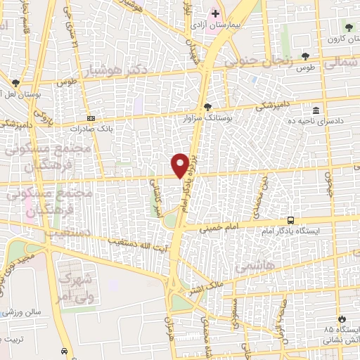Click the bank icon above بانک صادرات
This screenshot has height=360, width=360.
pyautogui.click(x=91, y=119)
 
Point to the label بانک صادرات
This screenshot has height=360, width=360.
pyautogui.click(x=91, y=129)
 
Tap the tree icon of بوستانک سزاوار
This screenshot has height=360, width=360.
pyautogui.click(x=207, y=106)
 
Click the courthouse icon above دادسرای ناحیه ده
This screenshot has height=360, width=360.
pyautogui.click(x=316, y=110)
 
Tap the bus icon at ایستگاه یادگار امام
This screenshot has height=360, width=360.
pyautogui.click(x=292, y=220)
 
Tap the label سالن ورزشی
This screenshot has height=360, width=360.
pyautogui.click(x=21, y=311)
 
